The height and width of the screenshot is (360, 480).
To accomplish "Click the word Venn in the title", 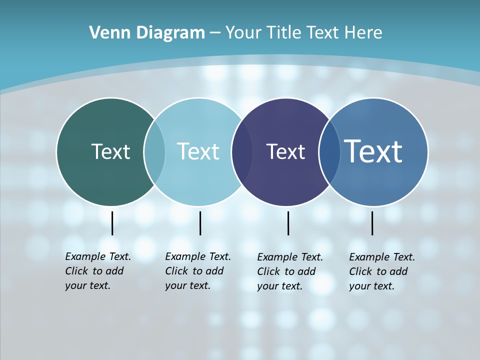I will [104, 33].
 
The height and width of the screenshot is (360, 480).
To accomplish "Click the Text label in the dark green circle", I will [110, 151].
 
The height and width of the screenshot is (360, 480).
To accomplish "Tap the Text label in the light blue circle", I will [198, 151].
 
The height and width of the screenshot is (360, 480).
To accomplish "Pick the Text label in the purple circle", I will [285, 151].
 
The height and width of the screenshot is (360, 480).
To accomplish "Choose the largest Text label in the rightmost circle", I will [373, 151].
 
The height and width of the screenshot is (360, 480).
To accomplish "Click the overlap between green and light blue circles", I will [154, 151].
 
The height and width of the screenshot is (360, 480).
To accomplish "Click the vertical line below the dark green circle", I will [112, 223].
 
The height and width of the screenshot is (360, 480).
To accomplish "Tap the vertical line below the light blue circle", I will [200, 223].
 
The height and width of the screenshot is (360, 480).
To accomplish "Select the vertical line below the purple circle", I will [288, 223].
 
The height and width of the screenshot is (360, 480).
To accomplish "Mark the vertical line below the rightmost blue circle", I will [372, 223].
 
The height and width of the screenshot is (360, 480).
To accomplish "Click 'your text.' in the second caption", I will [187, 285].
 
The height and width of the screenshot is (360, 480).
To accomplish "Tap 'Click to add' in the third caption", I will [286, 271].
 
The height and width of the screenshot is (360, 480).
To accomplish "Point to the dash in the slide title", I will [215, 33].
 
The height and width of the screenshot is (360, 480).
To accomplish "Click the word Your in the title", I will [243, 33].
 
